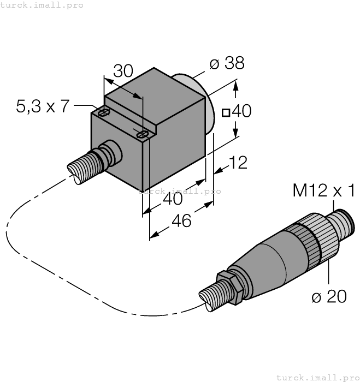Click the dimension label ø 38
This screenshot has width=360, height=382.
tap(226, 64)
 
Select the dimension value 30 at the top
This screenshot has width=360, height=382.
tap(123, 71)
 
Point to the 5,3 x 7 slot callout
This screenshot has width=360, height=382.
tap(43, 106)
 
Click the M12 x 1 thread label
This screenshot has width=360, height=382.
tap(324, 190)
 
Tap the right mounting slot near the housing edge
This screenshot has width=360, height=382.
tap(143, 134)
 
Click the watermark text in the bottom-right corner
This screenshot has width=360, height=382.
tap(317, 377)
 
